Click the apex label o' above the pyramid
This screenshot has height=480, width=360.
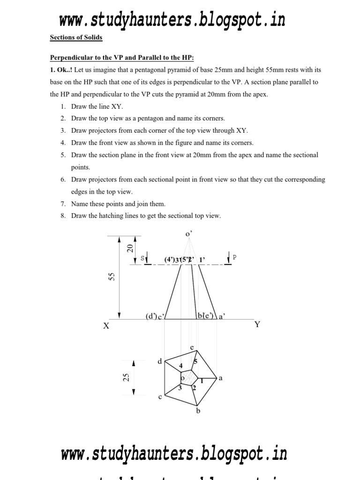pos(189,233)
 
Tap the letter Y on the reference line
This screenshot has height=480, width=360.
pos(257,324)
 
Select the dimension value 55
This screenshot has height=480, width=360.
pos(112,277)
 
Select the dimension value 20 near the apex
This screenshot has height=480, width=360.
pos(131,248)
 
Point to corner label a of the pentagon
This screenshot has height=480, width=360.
pos(220,378)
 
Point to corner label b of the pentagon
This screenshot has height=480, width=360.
pos(198,412)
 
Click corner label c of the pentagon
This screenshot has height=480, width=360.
pos(160,397)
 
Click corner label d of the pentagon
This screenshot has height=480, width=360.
pos(159,361)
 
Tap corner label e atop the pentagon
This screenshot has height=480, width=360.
pos(191,347)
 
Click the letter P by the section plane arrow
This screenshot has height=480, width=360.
pos(234,257)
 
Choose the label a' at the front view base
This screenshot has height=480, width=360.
pos(223,317)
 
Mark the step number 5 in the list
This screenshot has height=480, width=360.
pos(62,155)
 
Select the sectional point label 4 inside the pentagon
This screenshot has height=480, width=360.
pos(180,365)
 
